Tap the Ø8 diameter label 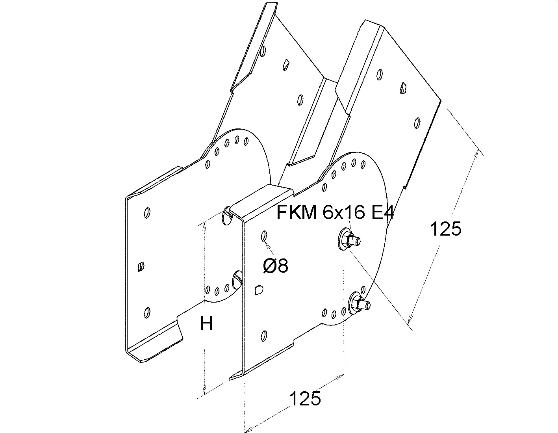pos(276,266)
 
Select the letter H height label pos(206,324)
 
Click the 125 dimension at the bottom pos(305,399)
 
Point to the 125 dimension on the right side pos(445,229)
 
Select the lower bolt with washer pos(358,303)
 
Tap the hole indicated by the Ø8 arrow pos(264,236)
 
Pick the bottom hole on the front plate pos(264,336)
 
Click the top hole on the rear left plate pos(147,212)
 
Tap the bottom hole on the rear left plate pos(146,312)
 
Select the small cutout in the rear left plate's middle pos(141,268)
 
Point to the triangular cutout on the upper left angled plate pos(286,64)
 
